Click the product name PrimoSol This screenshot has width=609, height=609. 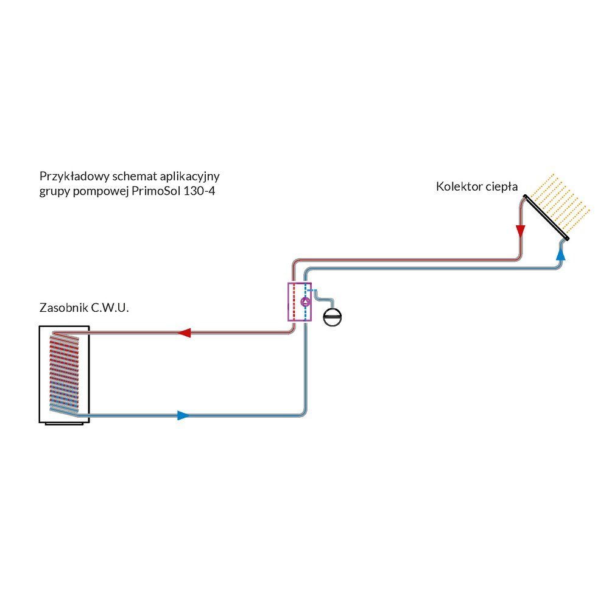tap(155, 192)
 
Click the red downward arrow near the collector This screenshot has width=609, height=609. tap(520, 231)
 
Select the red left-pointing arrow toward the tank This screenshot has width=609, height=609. tap(184, 333)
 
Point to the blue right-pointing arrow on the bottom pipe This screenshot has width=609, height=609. tap(183, 415)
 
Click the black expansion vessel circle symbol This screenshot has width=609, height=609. tap(333, 317)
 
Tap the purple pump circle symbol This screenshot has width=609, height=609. tap(306, 301)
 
